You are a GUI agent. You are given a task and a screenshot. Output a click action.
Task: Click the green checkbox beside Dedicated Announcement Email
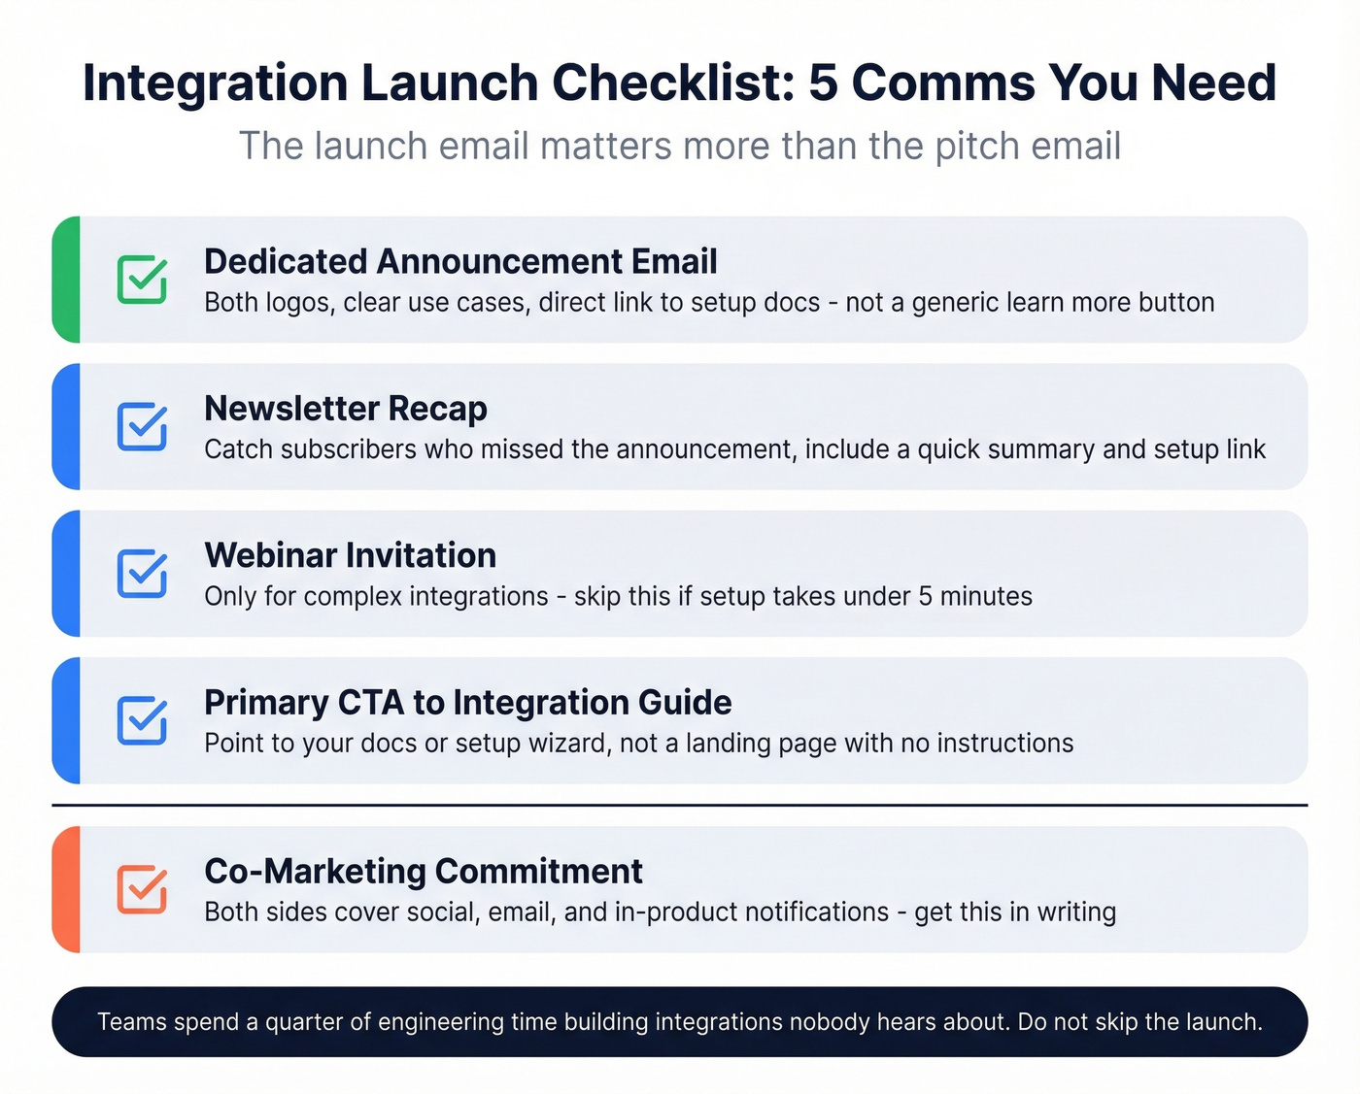tap(142, 280)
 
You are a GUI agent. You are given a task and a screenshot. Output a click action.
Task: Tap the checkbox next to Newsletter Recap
tap(142, 426)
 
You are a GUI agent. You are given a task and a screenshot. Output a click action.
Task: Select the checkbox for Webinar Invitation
tap(142, 573)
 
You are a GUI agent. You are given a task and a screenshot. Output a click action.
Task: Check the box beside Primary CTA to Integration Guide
tap(142, 720)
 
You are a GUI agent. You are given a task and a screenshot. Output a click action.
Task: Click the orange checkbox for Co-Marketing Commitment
tap(142, 889)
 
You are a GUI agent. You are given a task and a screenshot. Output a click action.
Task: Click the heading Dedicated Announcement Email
tap(460, 262)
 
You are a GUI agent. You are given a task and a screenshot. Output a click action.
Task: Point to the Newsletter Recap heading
tap(346, 409)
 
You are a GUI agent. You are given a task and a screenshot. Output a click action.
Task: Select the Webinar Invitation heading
tap(350, 555)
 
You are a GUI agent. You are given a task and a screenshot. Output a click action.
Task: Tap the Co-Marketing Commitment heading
tap(424, 872)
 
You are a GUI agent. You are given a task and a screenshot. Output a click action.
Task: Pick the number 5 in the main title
tap(823, 83)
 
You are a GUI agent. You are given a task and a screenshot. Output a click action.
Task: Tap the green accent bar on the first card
tap(66, 280)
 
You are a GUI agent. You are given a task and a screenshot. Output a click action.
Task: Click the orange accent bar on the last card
tap(66, 889)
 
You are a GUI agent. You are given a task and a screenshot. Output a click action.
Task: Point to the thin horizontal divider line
tap(680, 805)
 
